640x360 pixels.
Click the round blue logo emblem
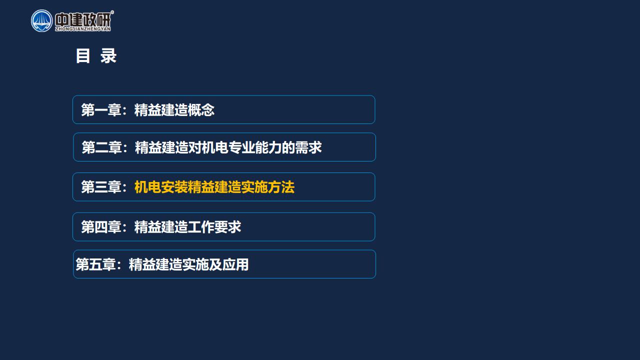point(41,21)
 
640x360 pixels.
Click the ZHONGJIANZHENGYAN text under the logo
point(83,29)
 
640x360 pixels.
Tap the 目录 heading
point(96,55)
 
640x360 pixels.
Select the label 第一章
point(101,110)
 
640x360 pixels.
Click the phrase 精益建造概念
point(174,110)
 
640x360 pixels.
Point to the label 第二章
point(101,147)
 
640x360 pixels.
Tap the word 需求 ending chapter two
point(308,147)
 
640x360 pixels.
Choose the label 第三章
point(101,187)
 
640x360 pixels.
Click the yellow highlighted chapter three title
point(214,187)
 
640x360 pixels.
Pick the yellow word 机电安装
point(161,187)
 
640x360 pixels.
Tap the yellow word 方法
point(281,187)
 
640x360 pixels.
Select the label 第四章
point(101,227)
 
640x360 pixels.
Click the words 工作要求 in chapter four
point(214,227)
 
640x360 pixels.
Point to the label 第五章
point(95,264)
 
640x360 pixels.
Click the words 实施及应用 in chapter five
point(215,264)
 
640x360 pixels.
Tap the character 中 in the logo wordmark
point(62,20)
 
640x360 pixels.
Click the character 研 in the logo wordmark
point(103,20)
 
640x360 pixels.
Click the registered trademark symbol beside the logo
point(112,12)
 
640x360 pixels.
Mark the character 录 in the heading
point(108,55)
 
